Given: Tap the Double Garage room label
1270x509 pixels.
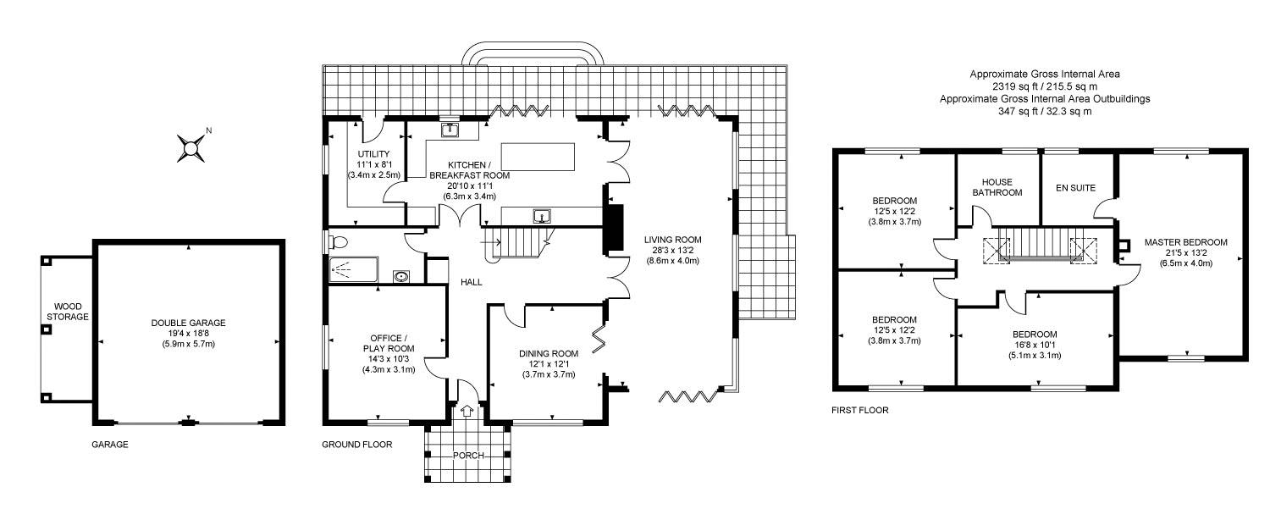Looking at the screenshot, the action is pos(188,323).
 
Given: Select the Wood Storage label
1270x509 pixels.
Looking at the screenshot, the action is pos(68,312).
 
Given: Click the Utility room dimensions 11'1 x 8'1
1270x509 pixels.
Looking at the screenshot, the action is pos(373,164).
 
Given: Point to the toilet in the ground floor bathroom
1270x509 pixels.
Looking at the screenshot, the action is pos(339,243).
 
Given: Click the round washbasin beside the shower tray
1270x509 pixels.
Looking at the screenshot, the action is pos(401,277).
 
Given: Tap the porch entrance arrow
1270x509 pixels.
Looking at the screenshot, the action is pos(467,410).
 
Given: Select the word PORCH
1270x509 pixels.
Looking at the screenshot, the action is pos(468,456).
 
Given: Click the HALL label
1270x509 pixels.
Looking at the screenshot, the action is pos(471,282).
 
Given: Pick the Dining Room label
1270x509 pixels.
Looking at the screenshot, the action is pos(549,353).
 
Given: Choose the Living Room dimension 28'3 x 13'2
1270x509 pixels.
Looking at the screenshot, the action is pos(672,250).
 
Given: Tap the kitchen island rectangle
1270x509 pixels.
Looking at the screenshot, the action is pos(538,158).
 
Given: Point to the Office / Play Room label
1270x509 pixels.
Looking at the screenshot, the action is pos(389,343).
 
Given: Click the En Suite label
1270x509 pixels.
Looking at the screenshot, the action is pos(1075,188).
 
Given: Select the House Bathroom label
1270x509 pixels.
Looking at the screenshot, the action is pos(997,187).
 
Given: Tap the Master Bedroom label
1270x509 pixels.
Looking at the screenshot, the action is pos(1186,242).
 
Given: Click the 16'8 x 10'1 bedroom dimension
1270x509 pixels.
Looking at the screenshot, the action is pos(1035,345).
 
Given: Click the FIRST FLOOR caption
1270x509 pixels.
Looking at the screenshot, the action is pos(860,410).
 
